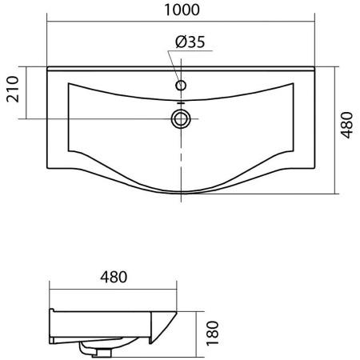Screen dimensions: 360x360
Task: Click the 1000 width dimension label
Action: (x=182, y=10)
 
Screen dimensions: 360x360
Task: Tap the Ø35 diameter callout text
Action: (x=190, y=42)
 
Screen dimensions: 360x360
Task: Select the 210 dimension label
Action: (x=13, y=89)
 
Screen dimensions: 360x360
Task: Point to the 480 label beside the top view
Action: (x=346, y=126)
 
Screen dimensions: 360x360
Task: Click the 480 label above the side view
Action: (x=114, y=277)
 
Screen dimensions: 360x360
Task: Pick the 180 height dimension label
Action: (x=213, y=334)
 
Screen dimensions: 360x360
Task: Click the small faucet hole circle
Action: (x=181, y=86)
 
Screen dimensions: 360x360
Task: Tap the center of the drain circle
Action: (x=181, y=119)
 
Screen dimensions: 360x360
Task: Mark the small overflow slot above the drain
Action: (x=181, y=102)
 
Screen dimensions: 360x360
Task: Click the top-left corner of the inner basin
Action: (x=69, y=83)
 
